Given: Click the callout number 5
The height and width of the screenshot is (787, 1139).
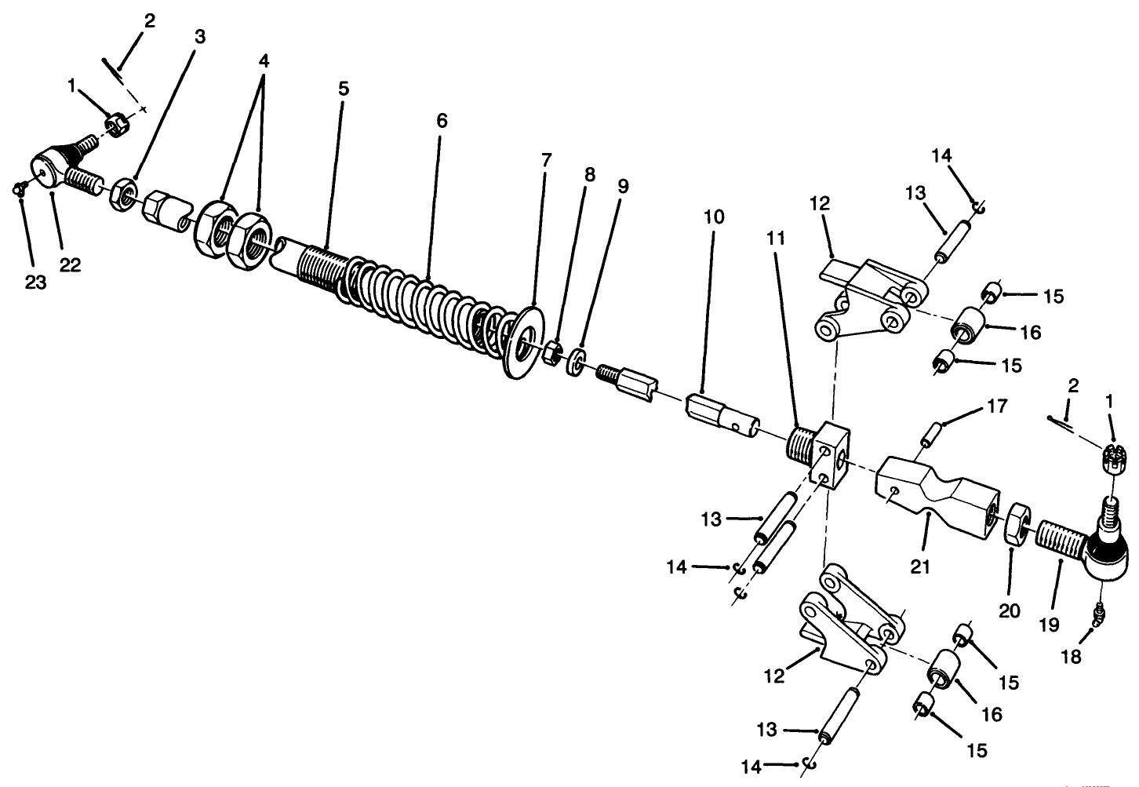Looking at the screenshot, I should tap(344, 89).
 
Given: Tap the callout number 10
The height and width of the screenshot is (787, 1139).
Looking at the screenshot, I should tap(714, 217).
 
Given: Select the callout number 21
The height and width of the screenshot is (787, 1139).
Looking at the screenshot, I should tap(919, 566).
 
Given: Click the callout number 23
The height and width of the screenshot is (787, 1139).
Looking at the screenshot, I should tap(35, 282).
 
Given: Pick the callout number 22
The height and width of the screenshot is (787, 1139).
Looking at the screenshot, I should tap(70, 265).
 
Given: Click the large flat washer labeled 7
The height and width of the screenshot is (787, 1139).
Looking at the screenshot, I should tap(523, 343).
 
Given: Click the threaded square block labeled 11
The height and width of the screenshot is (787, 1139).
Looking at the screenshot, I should tap(820, 454).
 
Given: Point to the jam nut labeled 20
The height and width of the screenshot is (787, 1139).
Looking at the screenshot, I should tap(1016, 523).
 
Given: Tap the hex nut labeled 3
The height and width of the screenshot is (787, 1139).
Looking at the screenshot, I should tap(125, 194).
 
